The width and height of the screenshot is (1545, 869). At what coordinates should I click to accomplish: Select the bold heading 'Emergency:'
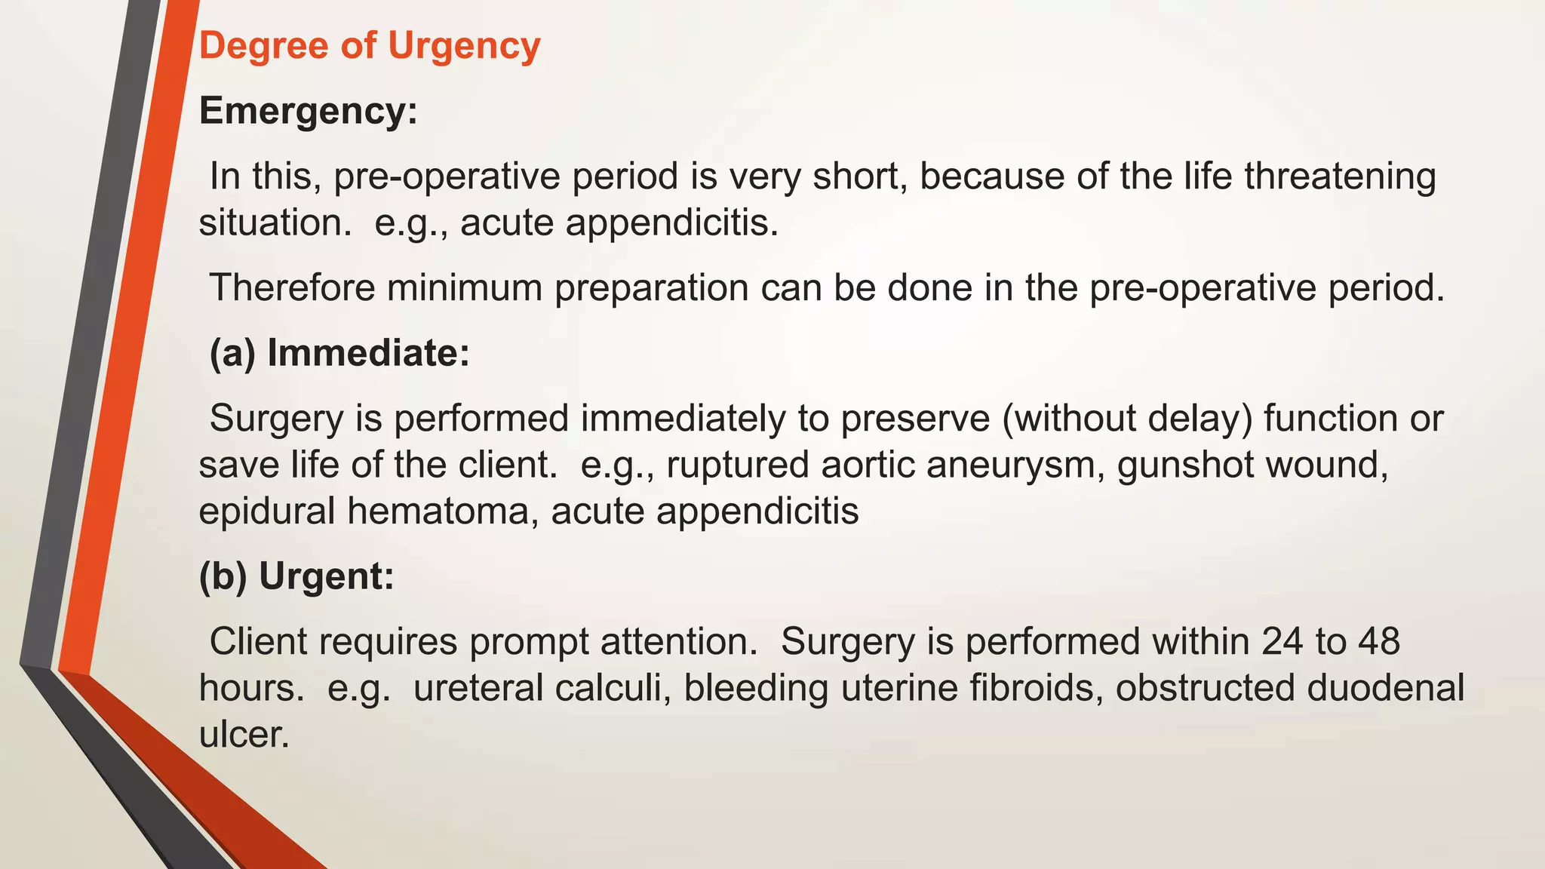[308, 112]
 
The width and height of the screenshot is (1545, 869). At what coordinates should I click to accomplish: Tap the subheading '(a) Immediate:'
[339, 353]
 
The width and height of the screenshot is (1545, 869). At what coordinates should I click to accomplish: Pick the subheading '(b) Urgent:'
[296, 576]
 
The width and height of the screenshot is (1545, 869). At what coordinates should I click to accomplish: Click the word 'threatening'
[1339, 177]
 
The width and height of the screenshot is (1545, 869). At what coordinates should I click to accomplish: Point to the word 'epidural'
[267, 511]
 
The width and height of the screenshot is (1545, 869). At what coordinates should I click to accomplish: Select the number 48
[1378, 642]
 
